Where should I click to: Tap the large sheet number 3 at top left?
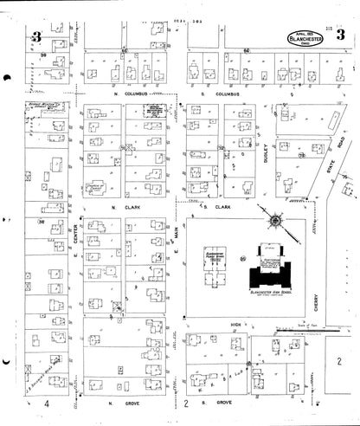click(x=36, y=36)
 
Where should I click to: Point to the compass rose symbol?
click(x=275, y=221)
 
